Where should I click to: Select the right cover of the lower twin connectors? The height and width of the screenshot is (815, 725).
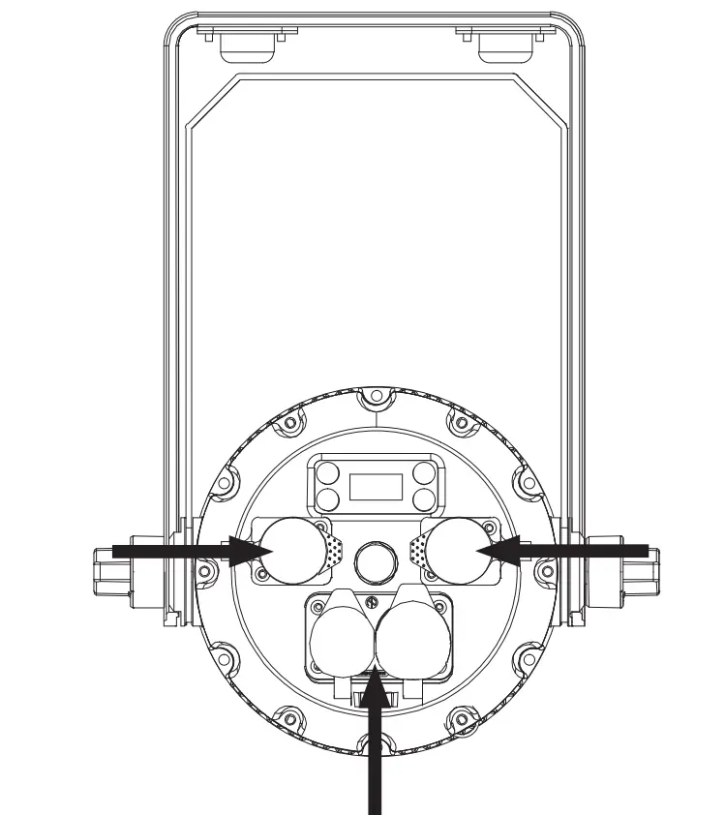(x=408, y=640)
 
